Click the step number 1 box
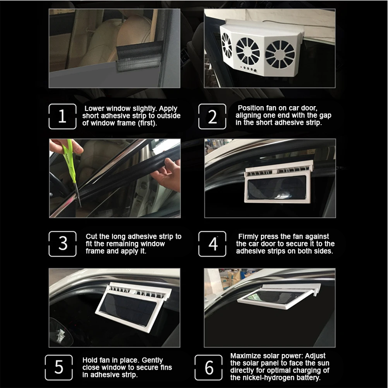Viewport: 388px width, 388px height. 62,117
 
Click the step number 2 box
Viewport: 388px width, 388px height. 213,117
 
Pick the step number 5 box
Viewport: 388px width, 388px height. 59,367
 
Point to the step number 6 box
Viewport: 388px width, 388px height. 209,367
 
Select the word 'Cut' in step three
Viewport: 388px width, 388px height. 92,236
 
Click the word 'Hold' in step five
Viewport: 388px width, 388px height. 90,360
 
